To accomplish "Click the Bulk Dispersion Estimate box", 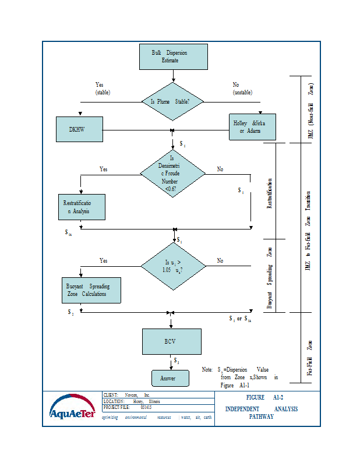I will [174, 56].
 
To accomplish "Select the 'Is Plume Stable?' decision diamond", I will [174, 101].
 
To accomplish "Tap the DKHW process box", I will [79, 129].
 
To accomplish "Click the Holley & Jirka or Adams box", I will [251, 128].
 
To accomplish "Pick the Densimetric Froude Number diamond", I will [173, 173].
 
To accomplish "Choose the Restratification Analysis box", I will [82, 207].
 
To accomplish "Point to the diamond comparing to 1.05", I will [173, 266].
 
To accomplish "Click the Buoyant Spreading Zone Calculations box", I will [91, 290].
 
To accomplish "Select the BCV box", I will [172, 341].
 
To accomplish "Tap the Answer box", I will [171, 378].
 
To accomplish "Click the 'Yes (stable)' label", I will [103, 89].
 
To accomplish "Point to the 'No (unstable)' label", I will [242, 89].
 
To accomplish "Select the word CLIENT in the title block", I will [112, 395].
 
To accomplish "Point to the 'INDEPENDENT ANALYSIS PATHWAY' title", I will [262, 412].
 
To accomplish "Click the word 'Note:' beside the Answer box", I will [207, 370].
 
